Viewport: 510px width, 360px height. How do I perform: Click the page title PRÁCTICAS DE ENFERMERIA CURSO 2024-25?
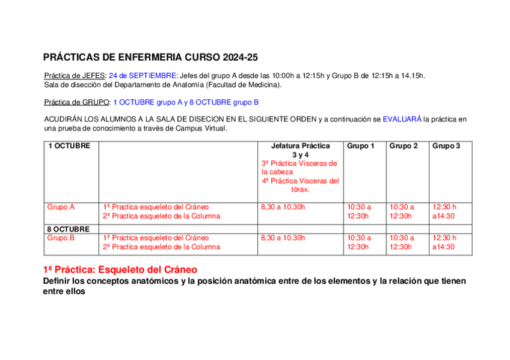coord(150,58)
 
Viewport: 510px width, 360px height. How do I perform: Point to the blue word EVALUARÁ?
coord(402,120)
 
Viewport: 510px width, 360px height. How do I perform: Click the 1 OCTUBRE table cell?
coord(69,146)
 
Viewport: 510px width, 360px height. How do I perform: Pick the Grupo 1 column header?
coord(361,146)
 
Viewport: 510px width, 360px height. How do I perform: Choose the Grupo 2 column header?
coord(404,146)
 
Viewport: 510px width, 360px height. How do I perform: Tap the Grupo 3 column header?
coord(446,146)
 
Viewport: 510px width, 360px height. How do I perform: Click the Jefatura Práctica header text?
coord(300,146)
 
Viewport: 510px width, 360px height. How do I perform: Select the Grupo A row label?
coord(61,207)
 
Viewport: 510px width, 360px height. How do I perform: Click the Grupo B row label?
coord(61,238)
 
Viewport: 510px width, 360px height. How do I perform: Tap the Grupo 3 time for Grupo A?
coord(444,212)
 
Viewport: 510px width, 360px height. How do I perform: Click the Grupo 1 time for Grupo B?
coord(359,242)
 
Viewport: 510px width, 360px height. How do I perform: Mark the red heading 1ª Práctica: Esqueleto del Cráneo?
coord(120,270)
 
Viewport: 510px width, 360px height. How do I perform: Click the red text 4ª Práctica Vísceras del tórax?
coord(300,185)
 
